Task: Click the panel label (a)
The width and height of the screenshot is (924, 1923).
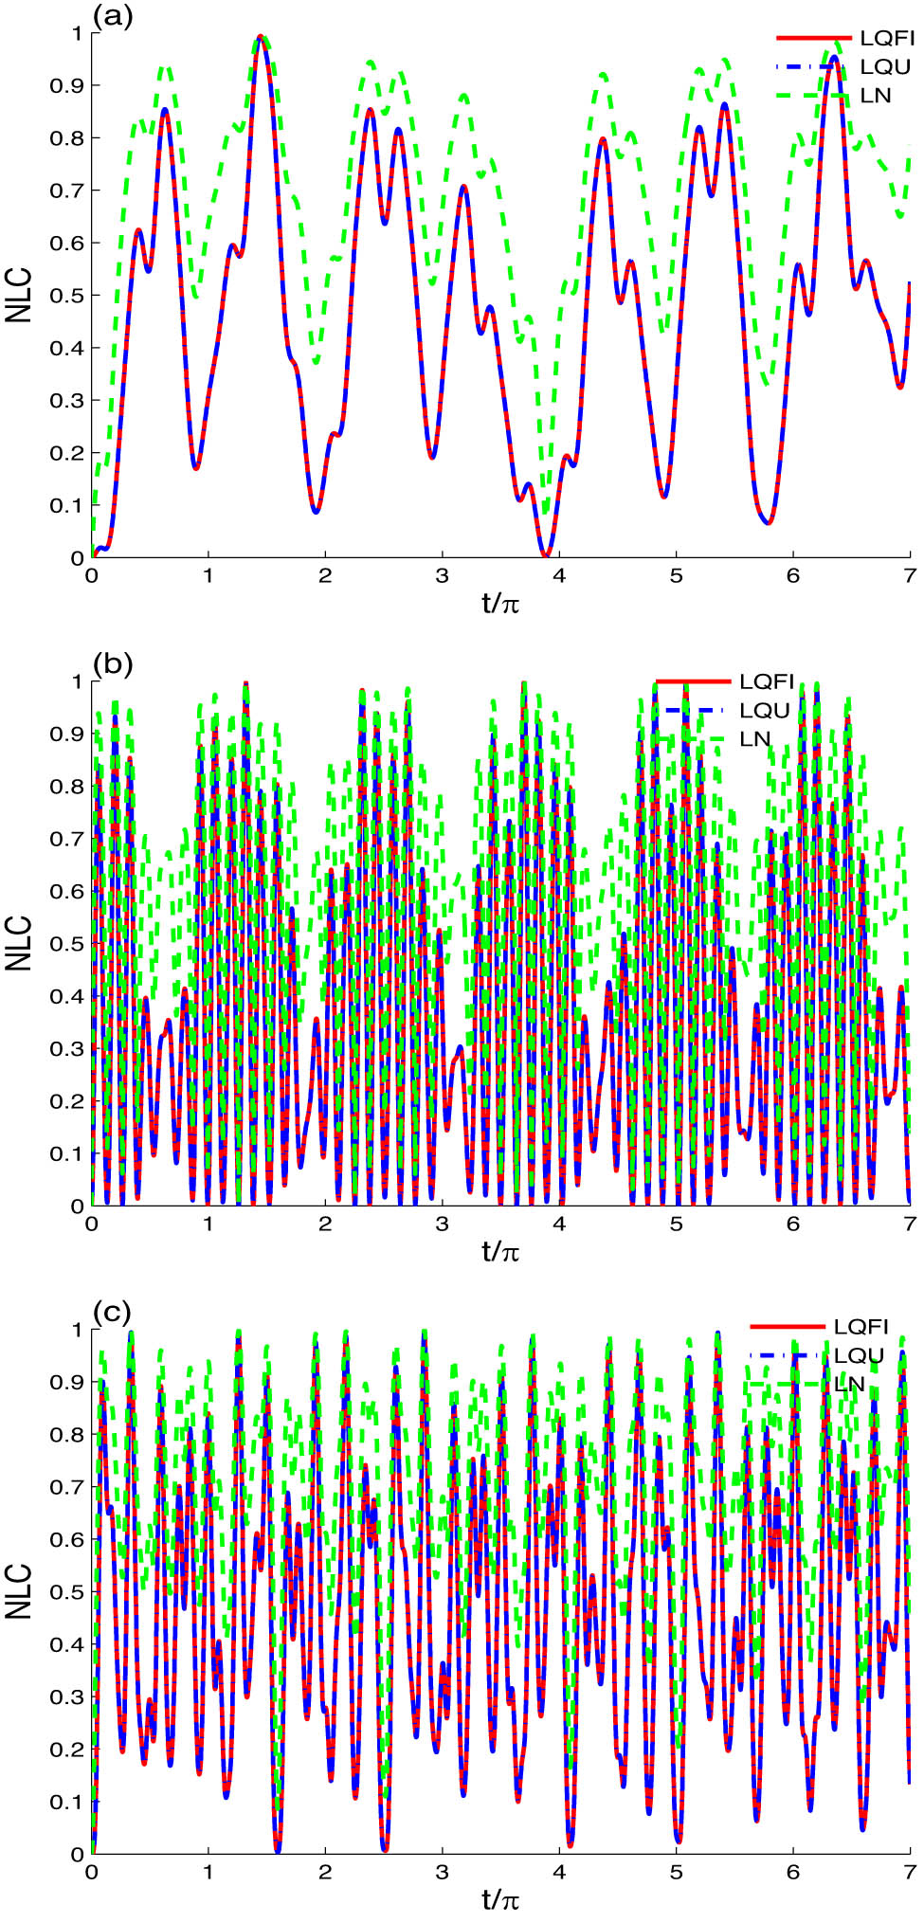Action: (113, 16)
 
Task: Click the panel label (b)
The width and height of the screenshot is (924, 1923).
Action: (113, 664)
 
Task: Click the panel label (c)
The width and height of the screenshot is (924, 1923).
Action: (113, 1313)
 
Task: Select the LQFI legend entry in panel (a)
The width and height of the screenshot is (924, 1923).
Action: (886, 38)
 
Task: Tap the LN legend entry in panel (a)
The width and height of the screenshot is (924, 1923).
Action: (876, 96)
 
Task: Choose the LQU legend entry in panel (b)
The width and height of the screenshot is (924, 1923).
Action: (765, 711)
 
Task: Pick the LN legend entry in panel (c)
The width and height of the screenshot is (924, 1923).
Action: (849, 1385)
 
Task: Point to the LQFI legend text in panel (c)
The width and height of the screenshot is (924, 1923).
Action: (861, 1327)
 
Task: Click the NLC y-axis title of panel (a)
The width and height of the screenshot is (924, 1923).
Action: (20, 295)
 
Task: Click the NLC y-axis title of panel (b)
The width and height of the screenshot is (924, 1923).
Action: (20, 943)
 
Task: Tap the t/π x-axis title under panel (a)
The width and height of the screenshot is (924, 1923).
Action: (500, 603)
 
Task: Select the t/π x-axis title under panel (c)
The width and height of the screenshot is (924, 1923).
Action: (500, 1899)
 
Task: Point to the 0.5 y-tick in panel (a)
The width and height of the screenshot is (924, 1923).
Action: (69, 296)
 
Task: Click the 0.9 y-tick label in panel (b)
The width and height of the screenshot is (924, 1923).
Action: (69, 734)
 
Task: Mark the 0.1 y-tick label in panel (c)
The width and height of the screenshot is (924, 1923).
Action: (69, 1802)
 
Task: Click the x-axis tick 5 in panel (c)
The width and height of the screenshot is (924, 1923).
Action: (676, 1872)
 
